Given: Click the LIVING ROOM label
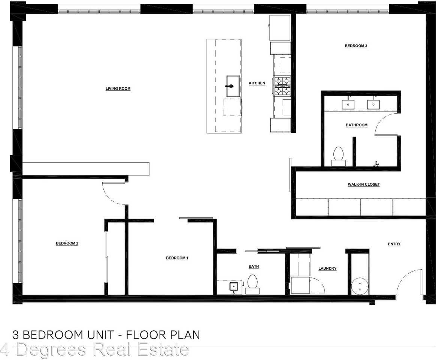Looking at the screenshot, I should point(118,89).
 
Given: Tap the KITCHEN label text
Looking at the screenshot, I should point(257,83).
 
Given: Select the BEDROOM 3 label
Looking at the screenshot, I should point(356,46).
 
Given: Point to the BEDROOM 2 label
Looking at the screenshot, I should point(67,243).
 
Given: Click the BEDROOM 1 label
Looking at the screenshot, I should point(177,258).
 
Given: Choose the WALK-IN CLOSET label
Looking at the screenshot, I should point(363,184).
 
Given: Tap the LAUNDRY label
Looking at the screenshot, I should point(327,268).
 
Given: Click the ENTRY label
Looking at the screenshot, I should point(394,244).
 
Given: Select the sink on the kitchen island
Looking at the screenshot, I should point(233,86).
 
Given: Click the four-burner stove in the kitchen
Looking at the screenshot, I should point(282,86).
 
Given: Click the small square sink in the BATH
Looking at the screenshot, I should point(234,286).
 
